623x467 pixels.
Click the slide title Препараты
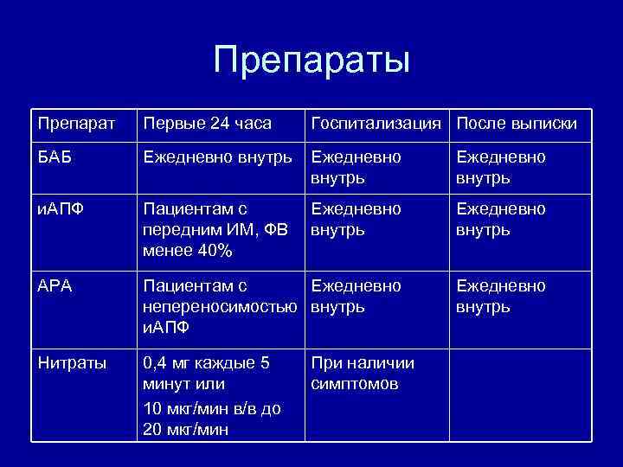[311, 61]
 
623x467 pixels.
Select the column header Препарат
[74, 124]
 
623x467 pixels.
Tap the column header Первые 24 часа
[208, 124]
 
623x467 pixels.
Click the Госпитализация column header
[378, 124]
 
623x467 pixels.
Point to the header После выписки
[516, 124]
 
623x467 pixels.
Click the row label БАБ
[56, 159]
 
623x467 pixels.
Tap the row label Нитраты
[73, 363]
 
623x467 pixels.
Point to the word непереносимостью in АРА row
[223, 307]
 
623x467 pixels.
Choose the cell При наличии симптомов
[363, 374]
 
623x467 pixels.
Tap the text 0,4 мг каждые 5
[207, 363]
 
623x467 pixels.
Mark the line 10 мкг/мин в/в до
[212, 408]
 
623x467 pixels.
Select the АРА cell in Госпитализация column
[356, 296]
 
